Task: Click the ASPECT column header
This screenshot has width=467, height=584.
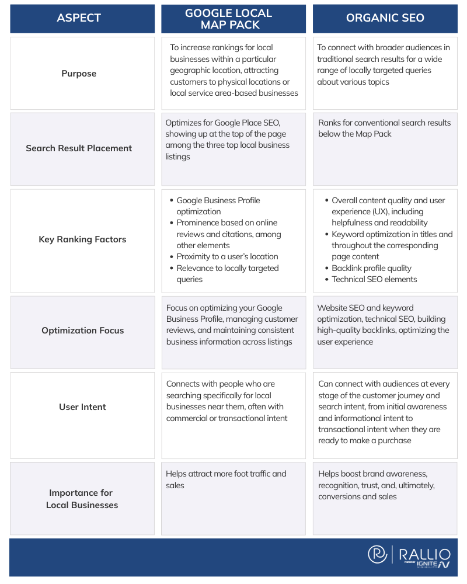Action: [x=79, y=18]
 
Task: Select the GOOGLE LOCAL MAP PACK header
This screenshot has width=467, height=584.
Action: [x=233, y=18]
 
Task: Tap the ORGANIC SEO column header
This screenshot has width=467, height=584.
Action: [x=385, y=18]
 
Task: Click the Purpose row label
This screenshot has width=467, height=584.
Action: [x=79, y=74]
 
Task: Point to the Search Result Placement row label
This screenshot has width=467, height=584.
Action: [x=79, y=148]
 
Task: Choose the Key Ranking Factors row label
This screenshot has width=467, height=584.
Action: [x=82, y=239]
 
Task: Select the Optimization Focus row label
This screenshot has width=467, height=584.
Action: [x=82, y=331]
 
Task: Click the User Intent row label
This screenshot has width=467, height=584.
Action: [x=82, y=407]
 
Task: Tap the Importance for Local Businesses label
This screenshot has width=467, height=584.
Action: [x=82, y=499]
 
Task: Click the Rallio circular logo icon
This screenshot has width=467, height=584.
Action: [x=378, y=554]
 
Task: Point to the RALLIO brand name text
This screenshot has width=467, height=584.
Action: [x=424, y=552]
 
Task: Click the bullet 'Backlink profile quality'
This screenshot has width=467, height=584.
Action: [x=371, y=268]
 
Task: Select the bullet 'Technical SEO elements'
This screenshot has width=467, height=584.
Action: [x=374, y=279]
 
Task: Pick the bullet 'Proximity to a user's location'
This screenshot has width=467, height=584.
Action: [x=227, y=256]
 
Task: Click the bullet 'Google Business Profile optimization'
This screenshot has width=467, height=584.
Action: [x=218, y=206]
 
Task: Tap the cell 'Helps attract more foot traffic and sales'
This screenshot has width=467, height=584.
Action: [x=226, y=479]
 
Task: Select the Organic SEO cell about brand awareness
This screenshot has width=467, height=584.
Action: [x=377, y=485]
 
